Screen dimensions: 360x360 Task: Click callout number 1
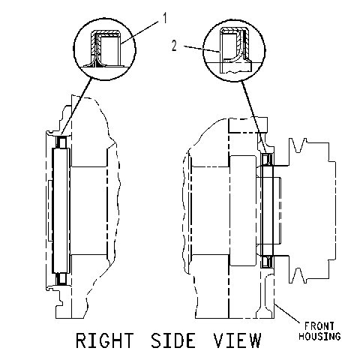(165, 19)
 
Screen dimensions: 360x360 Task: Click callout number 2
(174, 46)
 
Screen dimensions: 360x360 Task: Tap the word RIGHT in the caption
(104, 340)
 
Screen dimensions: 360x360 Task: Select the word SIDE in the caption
(173, 340)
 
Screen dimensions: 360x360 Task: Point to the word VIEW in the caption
(237, 340)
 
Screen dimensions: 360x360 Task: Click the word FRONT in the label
(319, 326)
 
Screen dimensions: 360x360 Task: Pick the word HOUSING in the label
(319, 336)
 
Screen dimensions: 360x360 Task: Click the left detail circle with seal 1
(73, 49)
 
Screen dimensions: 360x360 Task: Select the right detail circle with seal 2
(202, 50)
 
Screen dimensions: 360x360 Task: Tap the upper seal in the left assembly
(61, 142)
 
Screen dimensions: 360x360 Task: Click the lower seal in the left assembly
(61, 279)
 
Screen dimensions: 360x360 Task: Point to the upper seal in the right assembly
(267, 159)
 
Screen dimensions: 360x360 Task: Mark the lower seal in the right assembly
(267, 262)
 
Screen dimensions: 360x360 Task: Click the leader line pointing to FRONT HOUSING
(287, 313)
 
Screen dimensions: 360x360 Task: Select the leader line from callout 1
(140, 33)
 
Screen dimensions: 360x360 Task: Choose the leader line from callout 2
(202, 49)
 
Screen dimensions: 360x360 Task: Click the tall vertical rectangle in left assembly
(61, 210)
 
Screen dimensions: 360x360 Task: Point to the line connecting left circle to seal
(76, 106)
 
